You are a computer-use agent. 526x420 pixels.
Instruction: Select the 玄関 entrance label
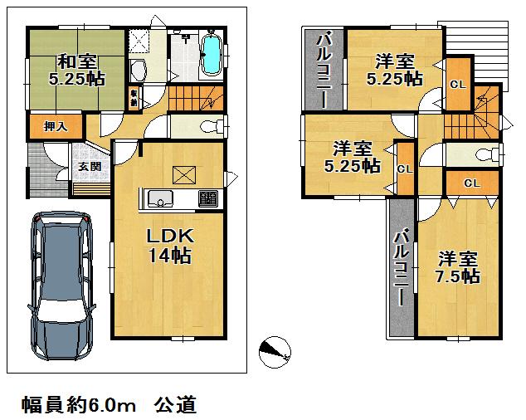click(x=90, y=165)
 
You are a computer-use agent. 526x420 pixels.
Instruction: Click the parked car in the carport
click(x=63, y=282)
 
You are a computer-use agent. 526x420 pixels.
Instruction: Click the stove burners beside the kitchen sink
click(x=207, y=199)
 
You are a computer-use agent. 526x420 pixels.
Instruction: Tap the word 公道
click(x=175, y=405)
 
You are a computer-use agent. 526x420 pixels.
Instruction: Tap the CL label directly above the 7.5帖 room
click(x=470, y=182)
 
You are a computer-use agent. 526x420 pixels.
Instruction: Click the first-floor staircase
click(x=196, y=99)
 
